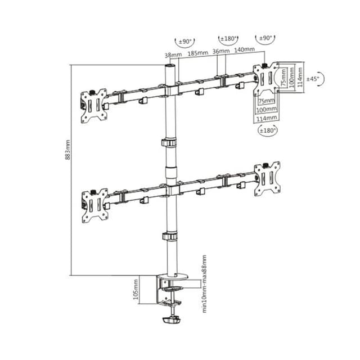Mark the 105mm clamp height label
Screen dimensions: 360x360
click(x=136, y=291)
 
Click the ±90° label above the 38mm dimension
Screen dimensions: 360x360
click(x=185, y=41)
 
